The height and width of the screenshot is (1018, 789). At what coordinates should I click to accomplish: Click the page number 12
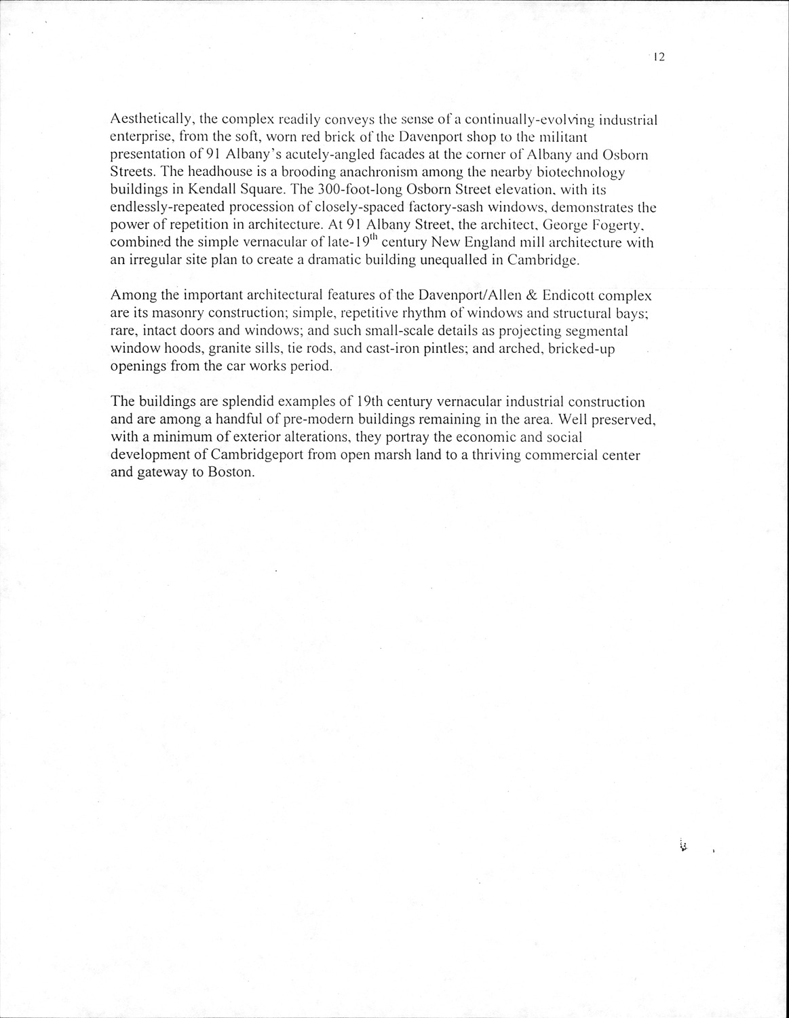pyautogui.click(x=657, y=58)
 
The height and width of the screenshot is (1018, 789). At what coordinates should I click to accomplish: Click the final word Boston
pyautogui.click(x=231, y=472)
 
